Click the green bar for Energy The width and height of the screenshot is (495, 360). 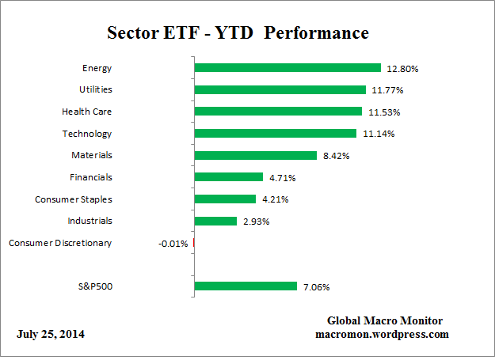click(x=287, y=68)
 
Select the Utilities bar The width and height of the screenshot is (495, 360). click(x=280, y=90)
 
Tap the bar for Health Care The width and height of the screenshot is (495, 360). click(x=278, y=112)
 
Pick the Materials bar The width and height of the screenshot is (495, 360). click(x=255, y=156)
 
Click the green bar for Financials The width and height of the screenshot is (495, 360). click(x=228, y=177)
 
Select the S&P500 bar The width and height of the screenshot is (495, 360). click(x=245, y=286)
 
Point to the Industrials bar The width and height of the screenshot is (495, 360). click(x=215, y=221)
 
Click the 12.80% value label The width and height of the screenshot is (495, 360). click(x=402, y=69)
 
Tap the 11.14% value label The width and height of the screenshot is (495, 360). click(x=378, y=135)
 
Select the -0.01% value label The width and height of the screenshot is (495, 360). click(x=173, y=244)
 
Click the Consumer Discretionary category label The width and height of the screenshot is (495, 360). click(x=60, y=243)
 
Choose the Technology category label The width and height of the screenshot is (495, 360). click(x=87, y=134)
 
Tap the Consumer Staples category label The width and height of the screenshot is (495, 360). click(x=74, y=199)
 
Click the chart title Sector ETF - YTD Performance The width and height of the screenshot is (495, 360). click(x=237, y=33)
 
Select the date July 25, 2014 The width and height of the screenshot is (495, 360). click(x=51, y=334)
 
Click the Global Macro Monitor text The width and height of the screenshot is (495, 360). click(x=385, y=320)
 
